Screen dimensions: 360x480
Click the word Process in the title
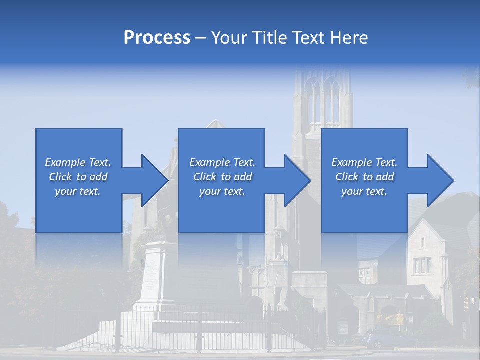[x=157, y=38]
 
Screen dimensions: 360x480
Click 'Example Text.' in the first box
[x=78, y=162]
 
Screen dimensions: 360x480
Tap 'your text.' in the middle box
[x=222, y=191]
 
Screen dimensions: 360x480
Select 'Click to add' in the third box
[x=365, y=177]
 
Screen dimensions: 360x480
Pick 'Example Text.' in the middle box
[x=222, y=162]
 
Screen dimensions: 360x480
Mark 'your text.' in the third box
[x=364, y=191]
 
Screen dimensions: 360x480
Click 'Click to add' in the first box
[x=78, y=177]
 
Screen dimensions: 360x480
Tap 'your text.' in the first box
[x=78, y=191]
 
